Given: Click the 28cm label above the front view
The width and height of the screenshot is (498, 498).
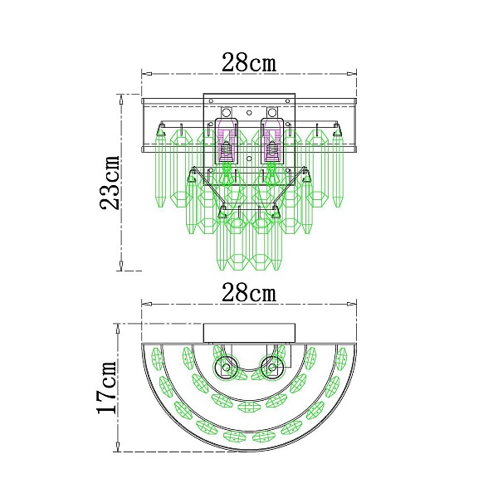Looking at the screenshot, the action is click(249, 62).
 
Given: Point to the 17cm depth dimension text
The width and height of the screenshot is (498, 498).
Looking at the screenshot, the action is click(107, 387).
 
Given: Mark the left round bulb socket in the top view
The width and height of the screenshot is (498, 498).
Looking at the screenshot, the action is click(226, 368).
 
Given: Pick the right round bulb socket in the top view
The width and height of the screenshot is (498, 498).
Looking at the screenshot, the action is click(271, 368).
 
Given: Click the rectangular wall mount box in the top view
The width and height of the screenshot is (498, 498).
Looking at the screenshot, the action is click(249, 333).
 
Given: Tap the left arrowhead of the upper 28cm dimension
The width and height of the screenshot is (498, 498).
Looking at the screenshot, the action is click(146, 74).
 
